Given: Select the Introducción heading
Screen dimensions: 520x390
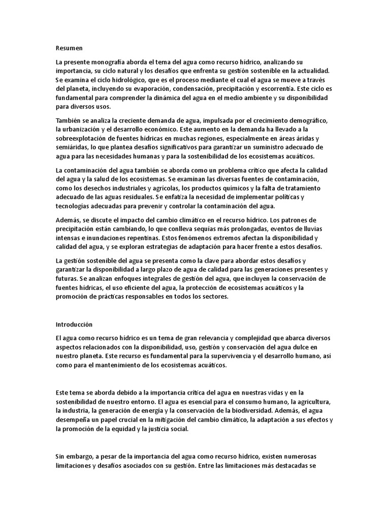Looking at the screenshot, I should point(74,323).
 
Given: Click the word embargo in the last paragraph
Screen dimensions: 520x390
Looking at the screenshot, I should point(79,457).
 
